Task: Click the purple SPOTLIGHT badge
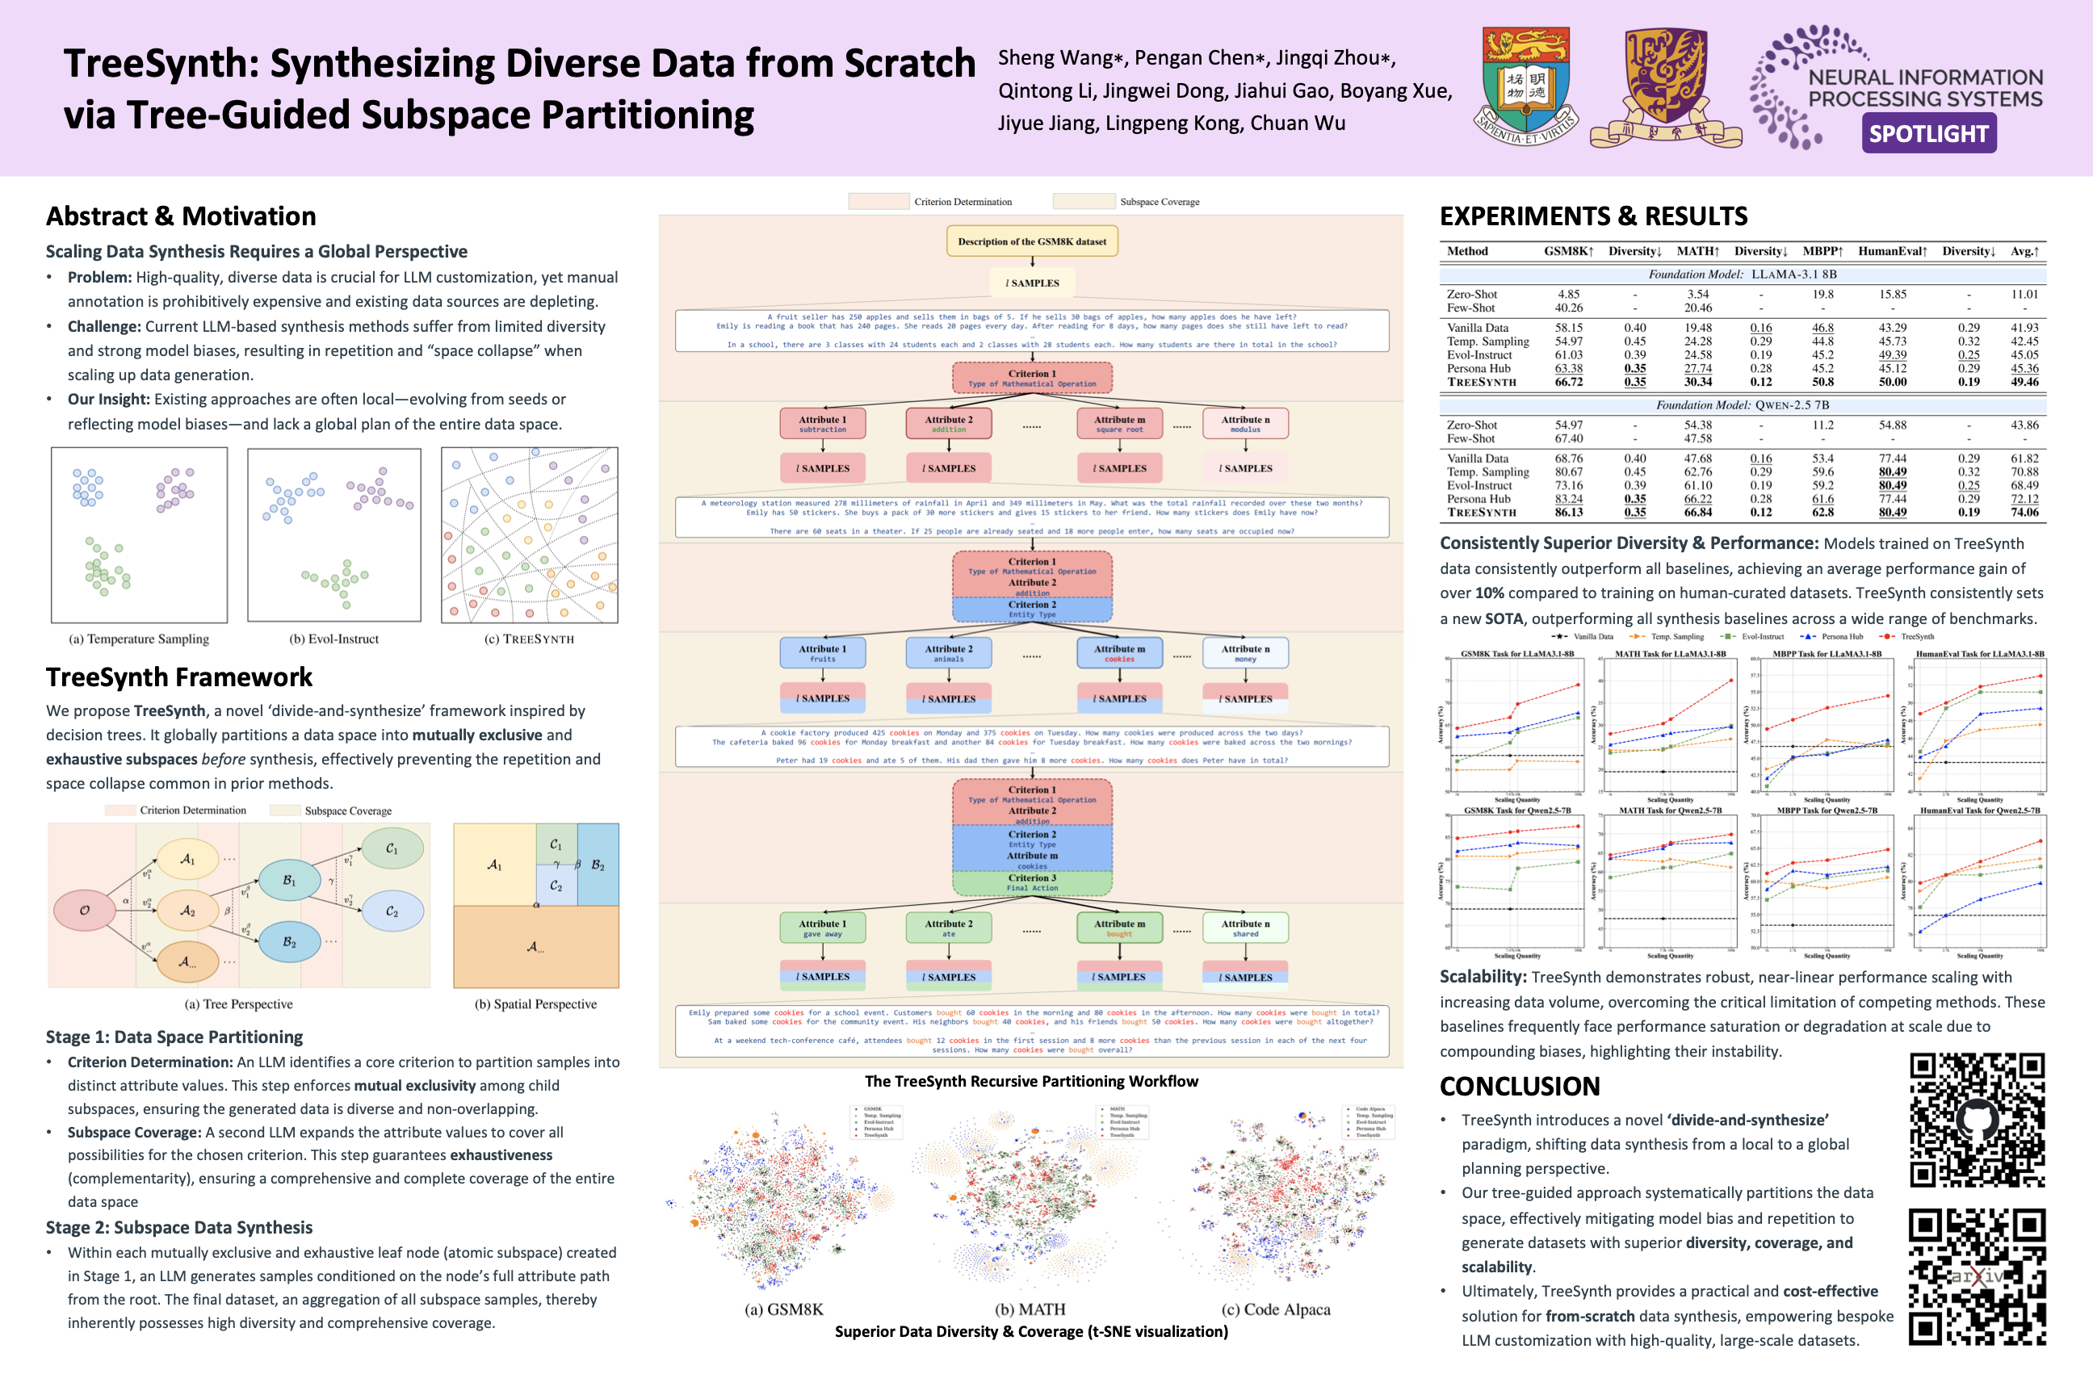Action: tap(1928, 133)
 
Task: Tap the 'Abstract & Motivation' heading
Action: tap(181, 216)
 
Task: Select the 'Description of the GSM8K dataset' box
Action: tap(1031, 241)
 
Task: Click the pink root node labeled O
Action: tap(85, 910)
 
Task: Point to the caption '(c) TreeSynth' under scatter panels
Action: tap(529, 639)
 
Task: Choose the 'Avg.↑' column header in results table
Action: tap(2024, 252)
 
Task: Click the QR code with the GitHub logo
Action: tap(1977, 1119)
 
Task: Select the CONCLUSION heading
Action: tap(1519, 1087)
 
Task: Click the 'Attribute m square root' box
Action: tap(1119, 424)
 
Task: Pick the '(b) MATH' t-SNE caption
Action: tap(1030, 1309)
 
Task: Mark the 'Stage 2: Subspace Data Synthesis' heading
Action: tap(180, 1227)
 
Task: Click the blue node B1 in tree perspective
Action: tap(289, 880)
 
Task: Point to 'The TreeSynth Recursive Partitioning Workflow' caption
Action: tap(1031, 1081)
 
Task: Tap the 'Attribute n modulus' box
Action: tap(1245, 424)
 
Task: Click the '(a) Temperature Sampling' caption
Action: tap(139, 639)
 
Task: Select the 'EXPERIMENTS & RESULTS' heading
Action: tap(1593, 216)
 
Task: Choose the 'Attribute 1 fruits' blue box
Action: tap(822, 653)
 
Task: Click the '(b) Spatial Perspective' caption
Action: tap(535, 1003)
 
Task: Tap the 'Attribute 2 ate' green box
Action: tap(949, 928)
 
